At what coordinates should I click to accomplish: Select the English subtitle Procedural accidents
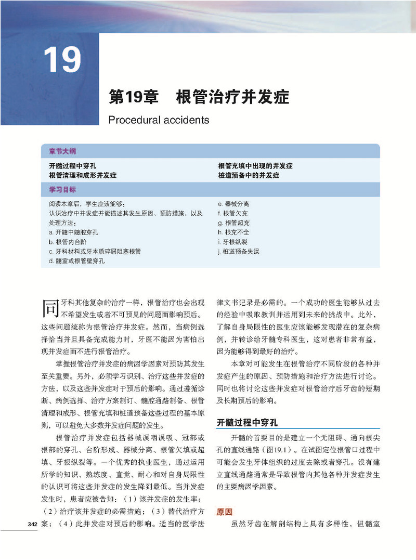(159, 120)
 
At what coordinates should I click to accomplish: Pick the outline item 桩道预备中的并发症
(249, 175)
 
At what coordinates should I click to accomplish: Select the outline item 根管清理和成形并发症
(83, 175)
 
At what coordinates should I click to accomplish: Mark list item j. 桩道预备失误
(239, 251)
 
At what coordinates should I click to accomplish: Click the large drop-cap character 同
(49, 308)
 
